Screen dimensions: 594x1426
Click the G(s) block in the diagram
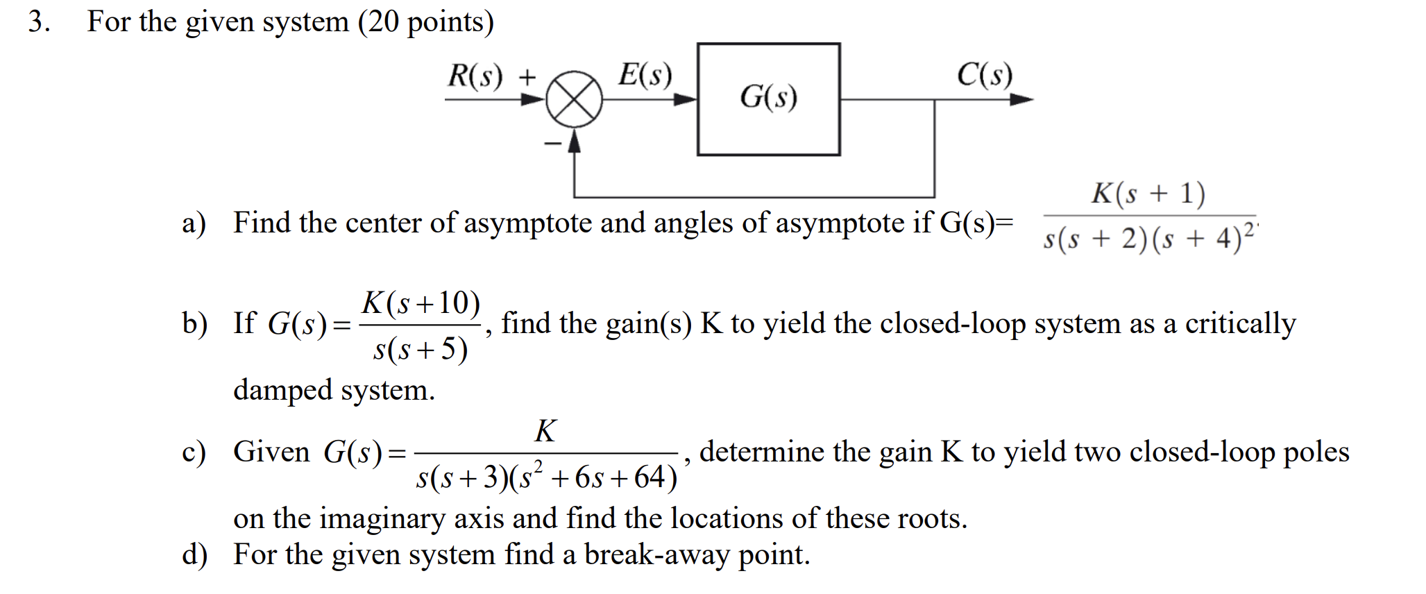click(x=768, y=99)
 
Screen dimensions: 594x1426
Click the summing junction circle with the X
click(x=573, y=99)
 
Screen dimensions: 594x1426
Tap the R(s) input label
click(x=475, y=75)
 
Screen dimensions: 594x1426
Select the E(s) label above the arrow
click(x=645, y=74)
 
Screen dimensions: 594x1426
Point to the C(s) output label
click(x=984, y=74)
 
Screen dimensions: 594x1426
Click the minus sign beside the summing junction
click(x=552, y=144)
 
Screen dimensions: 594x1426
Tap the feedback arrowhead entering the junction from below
click(x=574, y=141)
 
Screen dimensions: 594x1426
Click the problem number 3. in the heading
click(x=39, y=22)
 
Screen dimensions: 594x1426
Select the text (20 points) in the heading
click(x=426, y=22)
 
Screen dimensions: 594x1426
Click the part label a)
click(x=194, y=223)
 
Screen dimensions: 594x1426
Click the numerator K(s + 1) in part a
click(x=1148, y=194)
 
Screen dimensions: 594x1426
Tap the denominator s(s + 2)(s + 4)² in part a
click(x=1148, y=238)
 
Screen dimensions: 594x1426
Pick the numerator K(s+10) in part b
click(x=421, y=303)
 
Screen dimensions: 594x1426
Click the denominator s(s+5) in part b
click(x=421, y=348)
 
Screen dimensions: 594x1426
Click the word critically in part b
click(x=1240, y=323)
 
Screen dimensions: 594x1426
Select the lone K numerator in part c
click(x=545, y=431)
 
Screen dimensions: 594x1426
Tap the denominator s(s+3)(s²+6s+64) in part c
click(x=546, y=477)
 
